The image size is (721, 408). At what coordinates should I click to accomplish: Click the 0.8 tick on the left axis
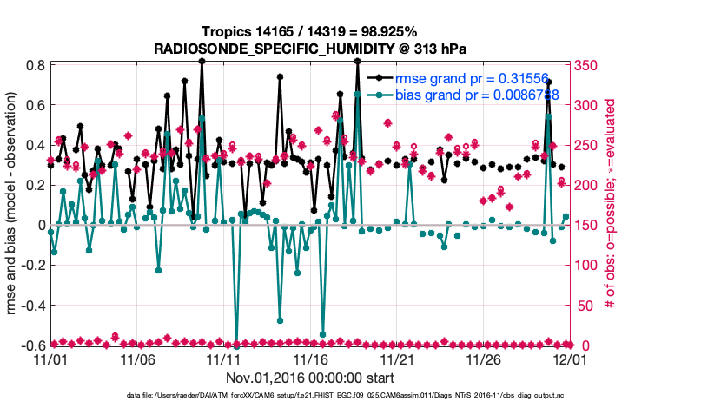[x=35, y=65]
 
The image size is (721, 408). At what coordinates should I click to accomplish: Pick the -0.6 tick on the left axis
[x=32, y=345]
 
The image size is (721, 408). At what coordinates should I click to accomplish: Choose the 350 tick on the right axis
[x=588, y=65]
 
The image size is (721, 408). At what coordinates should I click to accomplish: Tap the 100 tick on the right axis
[x=588, y=266]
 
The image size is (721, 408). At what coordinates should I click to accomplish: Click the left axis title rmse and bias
[x=12, y=205]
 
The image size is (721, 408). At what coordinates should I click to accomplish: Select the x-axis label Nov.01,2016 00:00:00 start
[x=310, y=378]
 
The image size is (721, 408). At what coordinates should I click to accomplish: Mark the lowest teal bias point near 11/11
[x=236, y=345]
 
